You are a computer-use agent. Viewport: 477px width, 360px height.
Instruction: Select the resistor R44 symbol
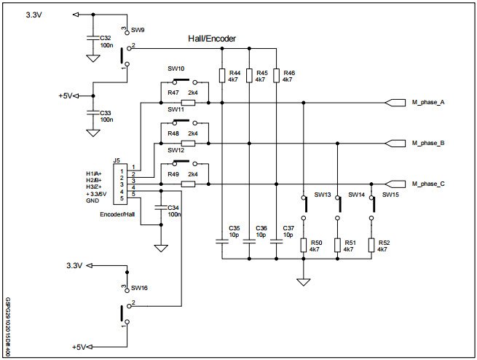click(x=221, y=76)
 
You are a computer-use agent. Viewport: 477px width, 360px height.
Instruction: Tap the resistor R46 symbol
click(x=277, y=76)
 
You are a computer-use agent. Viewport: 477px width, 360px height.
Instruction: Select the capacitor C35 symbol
click(x=221, y=238)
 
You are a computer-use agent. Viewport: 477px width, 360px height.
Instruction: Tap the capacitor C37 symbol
click(x=277, y=238)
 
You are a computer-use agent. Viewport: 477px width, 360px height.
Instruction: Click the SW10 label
click(x=176, y=69)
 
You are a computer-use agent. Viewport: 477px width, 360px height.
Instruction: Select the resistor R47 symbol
click(x=188, y=103)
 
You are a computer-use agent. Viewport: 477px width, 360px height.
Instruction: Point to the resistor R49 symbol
click(x=188, y=184)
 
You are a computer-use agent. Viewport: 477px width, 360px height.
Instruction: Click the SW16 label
click(x=139, y=289)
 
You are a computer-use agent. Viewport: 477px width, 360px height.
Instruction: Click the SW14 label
click(x=356, y=195)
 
